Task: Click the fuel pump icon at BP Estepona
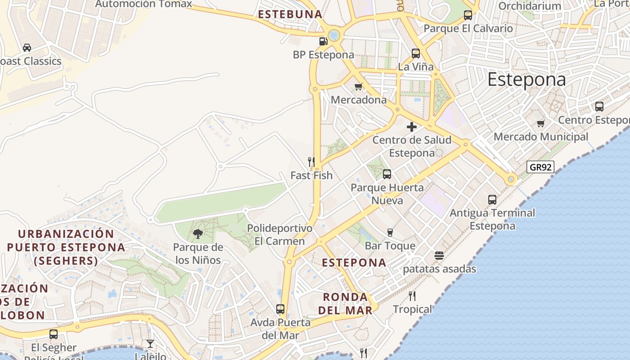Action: (x=323, y=41)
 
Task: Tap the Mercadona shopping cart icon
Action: (x=359, y=86)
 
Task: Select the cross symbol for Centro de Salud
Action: (x=412, y=127)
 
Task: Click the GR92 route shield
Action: (x=540, y=167)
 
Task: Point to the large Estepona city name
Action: (x=526, y=80)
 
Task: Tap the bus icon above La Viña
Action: (x=416, y=54)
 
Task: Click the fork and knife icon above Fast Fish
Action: (x=311, y=162)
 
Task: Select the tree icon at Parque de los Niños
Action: (x=198, y=234)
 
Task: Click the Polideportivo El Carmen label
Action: (x=279, y=234)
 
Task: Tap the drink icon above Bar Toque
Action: (x=390, y=232)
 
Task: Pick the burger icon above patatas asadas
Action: (x=439, y=256)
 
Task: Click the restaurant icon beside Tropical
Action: (x=412, y=296)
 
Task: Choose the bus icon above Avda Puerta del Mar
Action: (x=280, y=309)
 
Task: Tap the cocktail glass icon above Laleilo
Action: (x=150, y=344)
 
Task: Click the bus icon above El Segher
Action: (x=54, y=334)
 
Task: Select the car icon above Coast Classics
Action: (x=27, y=47)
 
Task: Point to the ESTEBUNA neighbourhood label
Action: (x=290, y=14)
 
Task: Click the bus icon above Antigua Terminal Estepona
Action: (x=492, y=199)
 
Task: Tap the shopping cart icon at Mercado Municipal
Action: (x=540, y=123)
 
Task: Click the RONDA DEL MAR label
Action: (x=346, y=303)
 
